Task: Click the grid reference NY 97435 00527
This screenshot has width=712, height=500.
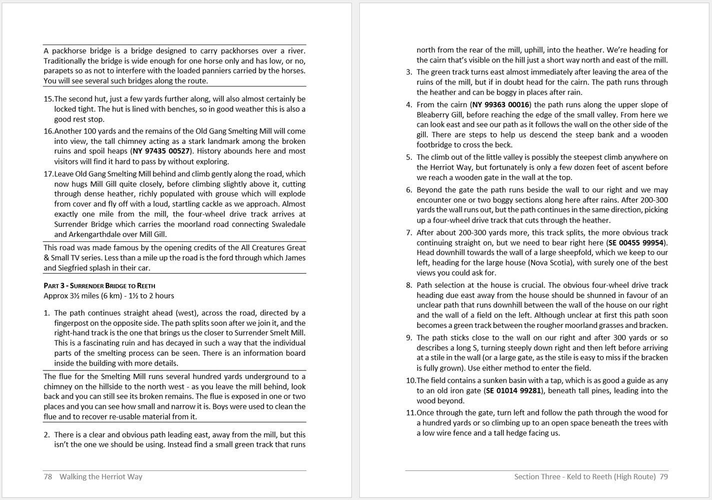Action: coord(161,151)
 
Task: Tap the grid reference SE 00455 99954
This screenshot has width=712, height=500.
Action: coord(636,242)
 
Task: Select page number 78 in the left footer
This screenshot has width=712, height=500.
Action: coord(48,476)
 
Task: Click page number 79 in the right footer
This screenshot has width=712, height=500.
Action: coord(663,476)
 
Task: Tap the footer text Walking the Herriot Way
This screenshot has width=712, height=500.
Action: coord(101,476)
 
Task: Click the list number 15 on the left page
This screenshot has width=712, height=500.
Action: coord(48,99)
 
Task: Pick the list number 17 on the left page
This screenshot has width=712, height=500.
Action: coord(48,174)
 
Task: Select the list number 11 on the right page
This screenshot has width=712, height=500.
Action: coord(410,412)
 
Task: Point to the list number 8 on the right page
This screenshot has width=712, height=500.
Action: coord(409,285)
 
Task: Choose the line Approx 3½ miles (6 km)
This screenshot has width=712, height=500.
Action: coord(109,295)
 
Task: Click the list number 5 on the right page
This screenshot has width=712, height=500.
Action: coord(409,157)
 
